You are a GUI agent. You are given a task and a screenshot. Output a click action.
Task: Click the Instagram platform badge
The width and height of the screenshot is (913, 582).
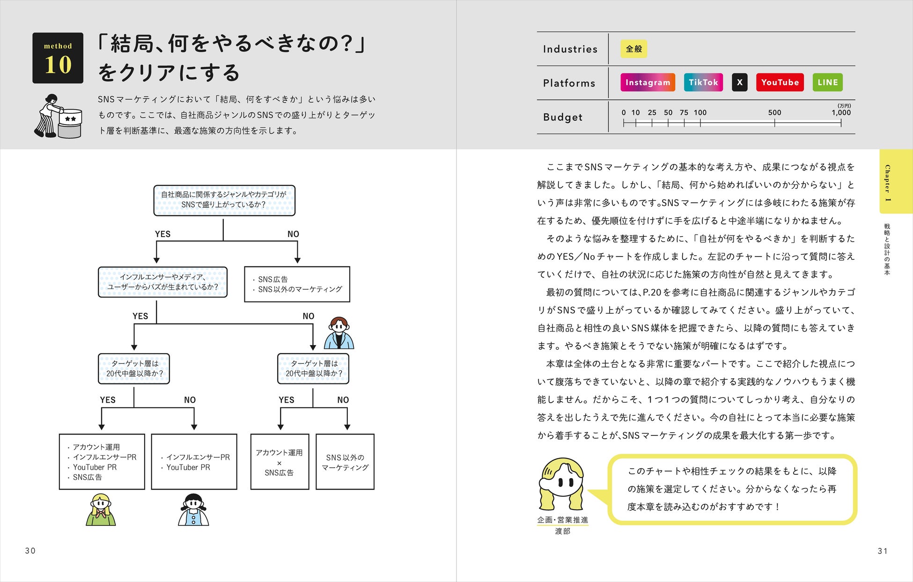(648, 82)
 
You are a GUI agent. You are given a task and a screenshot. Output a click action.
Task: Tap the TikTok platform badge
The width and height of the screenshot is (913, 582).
(703, 82)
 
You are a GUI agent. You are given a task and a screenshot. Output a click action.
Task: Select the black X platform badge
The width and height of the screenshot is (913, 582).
(740, 82)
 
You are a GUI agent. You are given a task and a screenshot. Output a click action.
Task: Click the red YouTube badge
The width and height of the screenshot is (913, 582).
(780, 82)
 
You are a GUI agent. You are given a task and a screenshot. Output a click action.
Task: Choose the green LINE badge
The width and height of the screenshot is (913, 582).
(828, 82)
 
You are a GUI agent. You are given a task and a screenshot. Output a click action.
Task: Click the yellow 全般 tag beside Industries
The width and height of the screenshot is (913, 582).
(634, 49)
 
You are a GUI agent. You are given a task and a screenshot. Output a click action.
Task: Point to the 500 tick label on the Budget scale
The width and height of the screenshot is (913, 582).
(774, 112)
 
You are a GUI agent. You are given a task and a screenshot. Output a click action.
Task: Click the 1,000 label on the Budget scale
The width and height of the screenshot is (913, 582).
(841, 112)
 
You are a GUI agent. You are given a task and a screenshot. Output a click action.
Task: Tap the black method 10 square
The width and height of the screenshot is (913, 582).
(58, 58)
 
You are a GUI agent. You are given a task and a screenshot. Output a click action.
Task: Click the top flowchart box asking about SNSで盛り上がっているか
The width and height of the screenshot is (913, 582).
(224, 200)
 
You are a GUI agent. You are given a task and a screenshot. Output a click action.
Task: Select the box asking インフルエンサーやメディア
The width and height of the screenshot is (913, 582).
(162, 282)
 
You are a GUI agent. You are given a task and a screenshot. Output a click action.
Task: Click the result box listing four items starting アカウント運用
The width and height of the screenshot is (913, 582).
(102, 462)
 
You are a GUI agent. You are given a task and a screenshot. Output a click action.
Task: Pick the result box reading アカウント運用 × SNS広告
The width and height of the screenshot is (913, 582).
(280, 462)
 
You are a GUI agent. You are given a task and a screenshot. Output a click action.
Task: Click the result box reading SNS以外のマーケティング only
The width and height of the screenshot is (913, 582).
(345, 462)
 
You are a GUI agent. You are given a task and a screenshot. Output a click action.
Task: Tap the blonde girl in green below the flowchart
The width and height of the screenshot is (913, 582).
(101, 510)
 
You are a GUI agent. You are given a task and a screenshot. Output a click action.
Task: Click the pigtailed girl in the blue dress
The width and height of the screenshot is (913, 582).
(193, 510)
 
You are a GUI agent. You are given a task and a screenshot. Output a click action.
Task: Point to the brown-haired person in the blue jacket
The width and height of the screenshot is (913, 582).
(339, 333)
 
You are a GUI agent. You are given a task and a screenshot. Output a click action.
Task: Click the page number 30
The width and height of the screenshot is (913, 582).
(30, 551)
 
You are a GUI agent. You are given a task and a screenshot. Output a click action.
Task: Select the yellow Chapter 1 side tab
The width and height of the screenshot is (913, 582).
(896, 181)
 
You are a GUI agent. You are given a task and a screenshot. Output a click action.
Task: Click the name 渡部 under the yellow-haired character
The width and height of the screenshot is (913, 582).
(562, 531)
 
